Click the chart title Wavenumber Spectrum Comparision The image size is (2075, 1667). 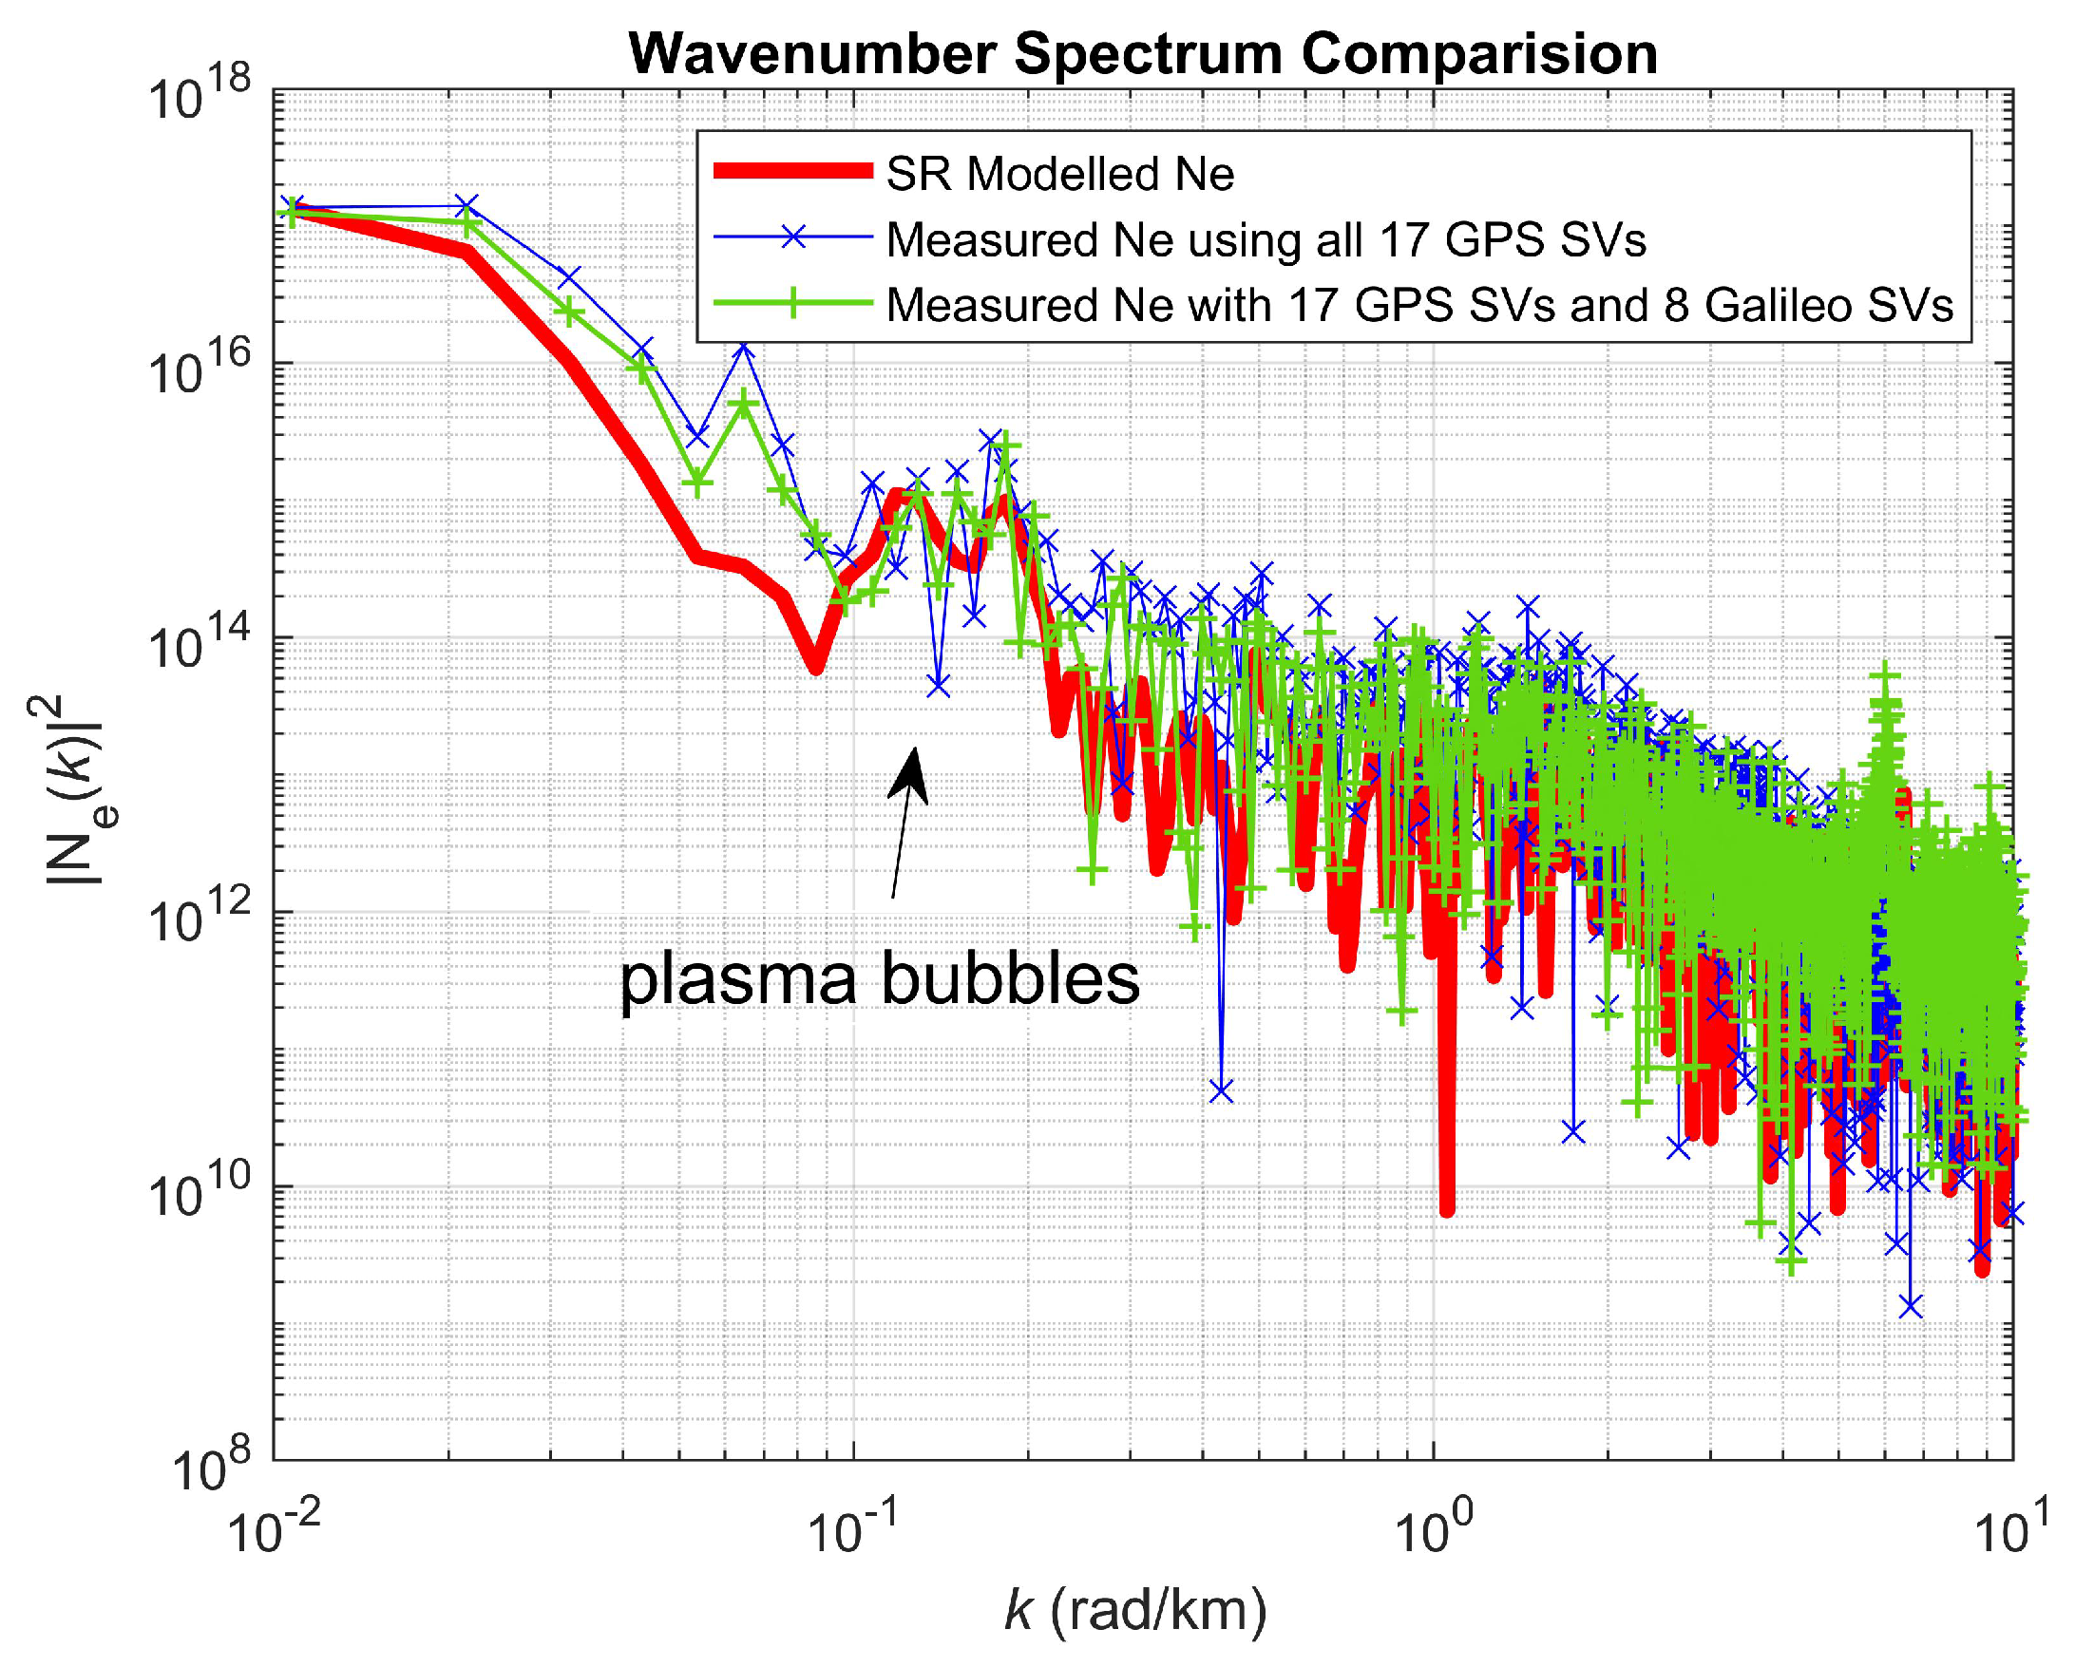(x=1142, y=53)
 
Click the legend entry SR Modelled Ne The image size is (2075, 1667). (x=1059, y=174)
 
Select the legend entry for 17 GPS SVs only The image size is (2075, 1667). (x=1266, y=239)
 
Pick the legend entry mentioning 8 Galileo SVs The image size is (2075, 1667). (x=1419, y=305)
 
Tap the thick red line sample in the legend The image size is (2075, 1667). (x=792, y=172)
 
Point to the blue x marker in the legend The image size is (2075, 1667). (x=792, y=237)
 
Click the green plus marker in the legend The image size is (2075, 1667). (x=792, y=304)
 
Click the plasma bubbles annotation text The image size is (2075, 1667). (x=879, y=981)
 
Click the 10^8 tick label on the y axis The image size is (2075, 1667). (x=211, y=1468)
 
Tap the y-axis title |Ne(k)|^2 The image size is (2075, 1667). (x=75, y=789)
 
